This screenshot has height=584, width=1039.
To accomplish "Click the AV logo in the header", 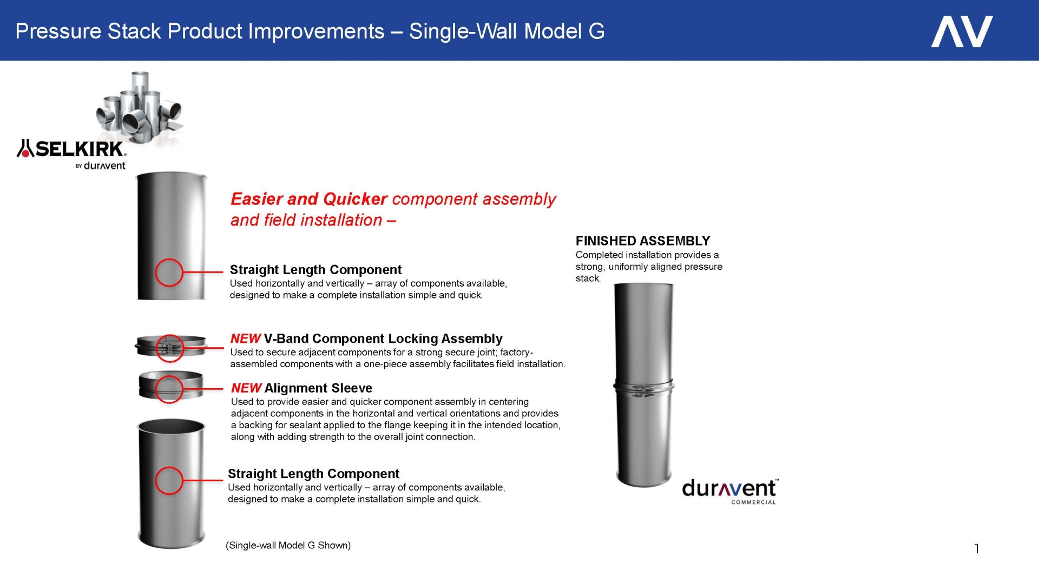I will (962, 31).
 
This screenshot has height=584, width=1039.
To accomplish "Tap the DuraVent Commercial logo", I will (729, 491).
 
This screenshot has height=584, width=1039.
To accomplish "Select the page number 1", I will (977, 548).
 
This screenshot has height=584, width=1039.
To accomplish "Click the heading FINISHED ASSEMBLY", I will (642, 241).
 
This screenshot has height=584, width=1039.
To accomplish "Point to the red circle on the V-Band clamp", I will (170, 348).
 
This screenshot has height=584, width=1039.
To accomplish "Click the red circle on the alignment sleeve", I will (169, 389).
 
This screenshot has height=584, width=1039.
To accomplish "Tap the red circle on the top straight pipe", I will (169, 272).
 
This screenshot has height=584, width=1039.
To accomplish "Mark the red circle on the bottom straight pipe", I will (169, 480).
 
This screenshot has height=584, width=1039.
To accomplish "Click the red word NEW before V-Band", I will (245, 339).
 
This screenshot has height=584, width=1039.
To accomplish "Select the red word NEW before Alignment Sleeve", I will (246, 388).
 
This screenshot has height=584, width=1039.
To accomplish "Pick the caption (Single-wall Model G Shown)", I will (288, 545).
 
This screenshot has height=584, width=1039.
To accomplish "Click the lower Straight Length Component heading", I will (313, 474).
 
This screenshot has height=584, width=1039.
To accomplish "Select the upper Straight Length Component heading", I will (315, 269).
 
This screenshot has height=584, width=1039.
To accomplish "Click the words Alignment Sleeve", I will (318, 388).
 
